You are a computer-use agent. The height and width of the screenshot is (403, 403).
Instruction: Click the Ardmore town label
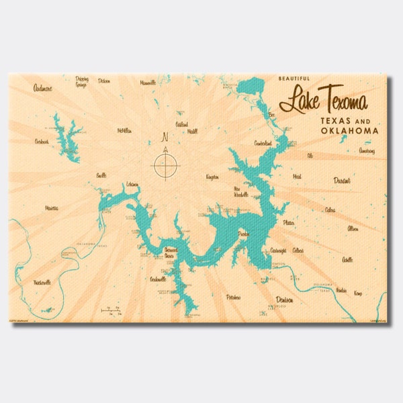pos(43,87)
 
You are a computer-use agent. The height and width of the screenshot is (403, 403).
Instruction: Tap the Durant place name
pos(343,180)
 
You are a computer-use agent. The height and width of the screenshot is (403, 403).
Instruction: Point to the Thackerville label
pos(42,283)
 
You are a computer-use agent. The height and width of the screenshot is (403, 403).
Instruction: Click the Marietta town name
pos(50,208)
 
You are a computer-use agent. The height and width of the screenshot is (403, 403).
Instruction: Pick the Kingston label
pos(212,177)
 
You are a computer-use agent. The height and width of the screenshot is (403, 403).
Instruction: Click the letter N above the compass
pos(165,138)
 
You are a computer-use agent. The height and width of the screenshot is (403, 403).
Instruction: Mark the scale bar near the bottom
pos(111,310)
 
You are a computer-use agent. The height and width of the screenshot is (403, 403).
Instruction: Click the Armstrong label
pos(367,151)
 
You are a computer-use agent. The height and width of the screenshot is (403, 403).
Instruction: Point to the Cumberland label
pos(263,143)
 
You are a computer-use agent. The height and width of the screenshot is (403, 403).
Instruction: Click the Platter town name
pos(289,222)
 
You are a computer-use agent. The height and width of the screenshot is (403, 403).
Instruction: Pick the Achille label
pos(347,259)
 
